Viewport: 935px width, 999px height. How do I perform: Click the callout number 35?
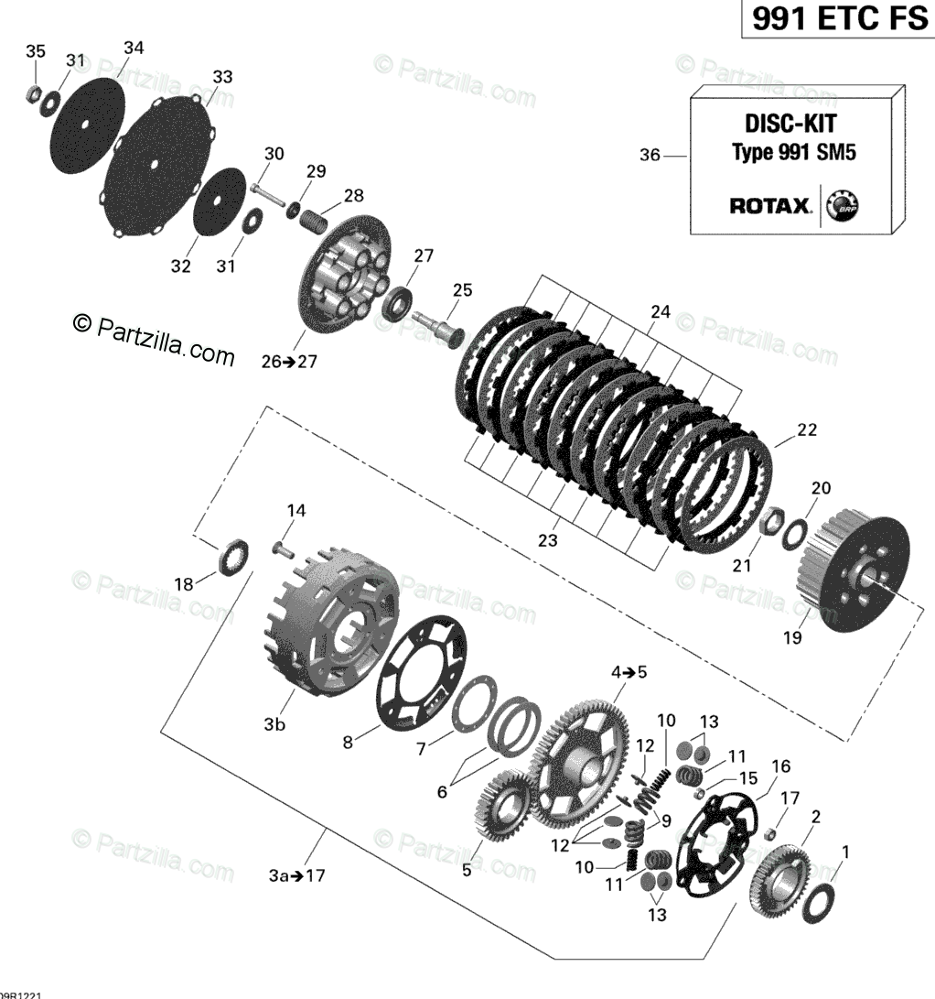coord(34,51)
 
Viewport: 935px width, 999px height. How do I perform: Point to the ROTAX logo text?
coord(770,206)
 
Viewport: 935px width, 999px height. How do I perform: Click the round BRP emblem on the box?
coord(844,206)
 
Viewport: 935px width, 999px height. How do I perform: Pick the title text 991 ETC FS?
coord(839,19)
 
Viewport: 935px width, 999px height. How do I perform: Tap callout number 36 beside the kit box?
coord(650,157)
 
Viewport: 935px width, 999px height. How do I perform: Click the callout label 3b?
coord(274,725)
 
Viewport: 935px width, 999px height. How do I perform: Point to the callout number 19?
coord(792,637)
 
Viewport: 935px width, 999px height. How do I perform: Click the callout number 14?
coord(296,510)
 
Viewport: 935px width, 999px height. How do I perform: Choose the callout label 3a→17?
coord(296,875)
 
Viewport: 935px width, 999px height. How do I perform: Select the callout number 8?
coord(348,743)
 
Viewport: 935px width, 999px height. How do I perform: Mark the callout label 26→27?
coord(263,361)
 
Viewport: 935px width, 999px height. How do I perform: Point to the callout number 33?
coord(222,77)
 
